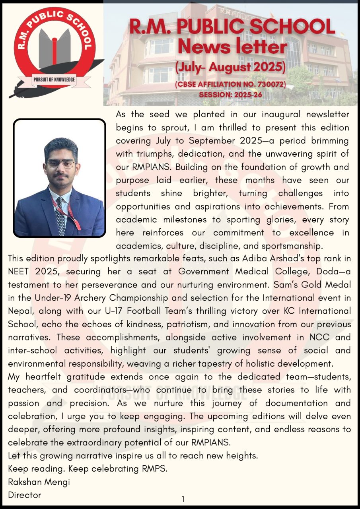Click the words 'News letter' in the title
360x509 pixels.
tap(232, 47)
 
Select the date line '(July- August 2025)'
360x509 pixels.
tap(231, 67)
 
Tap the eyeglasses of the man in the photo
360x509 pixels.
tap(60, 163)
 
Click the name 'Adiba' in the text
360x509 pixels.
tap(255, 258)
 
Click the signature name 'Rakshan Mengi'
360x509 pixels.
tap(39, 482)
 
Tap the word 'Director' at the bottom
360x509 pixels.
tap(25, 495)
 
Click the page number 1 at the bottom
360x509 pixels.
tap(183, 499)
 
